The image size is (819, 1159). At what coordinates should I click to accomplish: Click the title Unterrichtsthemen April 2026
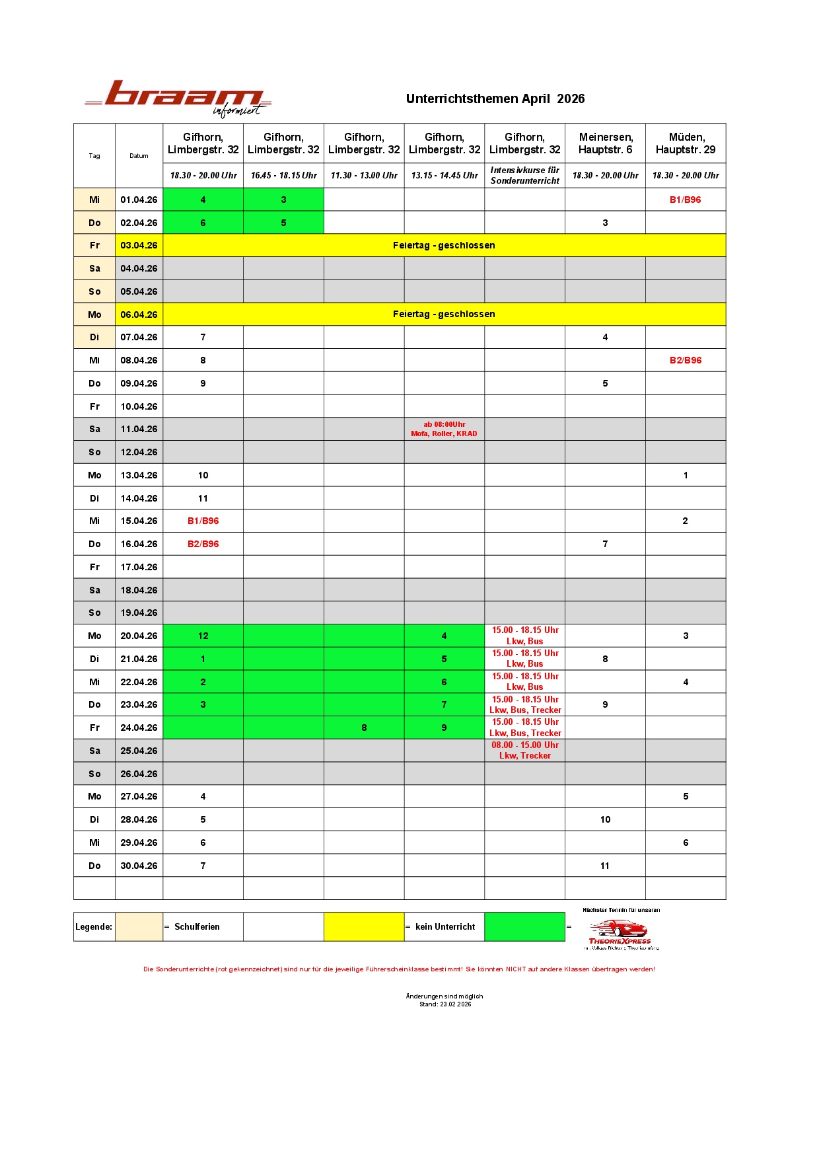pos(495,99)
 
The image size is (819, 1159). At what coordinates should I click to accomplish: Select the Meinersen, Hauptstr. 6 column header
pos(605,143)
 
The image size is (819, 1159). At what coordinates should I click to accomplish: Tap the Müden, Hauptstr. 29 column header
pos(685,143)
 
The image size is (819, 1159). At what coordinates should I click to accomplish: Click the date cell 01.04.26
pos(139,200)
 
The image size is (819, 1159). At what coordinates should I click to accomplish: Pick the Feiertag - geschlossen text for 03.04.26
pos(444,245)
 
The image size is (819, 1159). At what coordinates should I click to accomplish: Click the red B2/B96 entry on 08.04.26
pos(685,360)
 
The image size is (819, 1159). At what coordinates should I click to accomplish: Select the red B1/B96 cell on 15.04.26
pos(203,521)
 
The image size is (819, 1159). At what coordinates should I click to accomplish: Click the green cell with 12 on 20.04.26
pos(203,636)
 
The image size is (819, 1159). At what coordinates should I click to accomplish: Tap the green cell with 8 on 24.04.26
pos(364,728)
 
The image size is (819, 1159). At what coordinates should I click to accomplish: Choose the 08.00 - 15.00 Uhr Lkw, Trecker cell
pos(524,750)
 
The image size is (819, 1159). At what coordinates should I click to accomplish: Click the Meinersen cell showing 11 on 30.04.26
pos(605,866)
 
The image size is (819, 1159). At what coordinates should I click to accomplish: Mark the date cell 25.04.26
pos(139,751)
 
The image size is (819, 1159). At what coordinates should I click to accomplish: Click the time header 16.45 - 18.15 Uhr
pos(283,175)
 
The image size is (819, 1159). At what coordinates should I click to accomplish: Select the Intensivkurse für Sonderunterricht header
pos(524,175)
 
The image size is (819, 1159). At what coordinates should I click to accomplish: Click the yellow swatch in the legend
pos(364,926)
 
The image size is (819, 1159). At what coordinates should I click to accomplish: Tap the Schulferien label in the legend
pos(197,927)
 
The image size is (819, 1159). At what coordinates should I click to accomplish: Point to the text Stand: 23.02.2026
pos(445,1004)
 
